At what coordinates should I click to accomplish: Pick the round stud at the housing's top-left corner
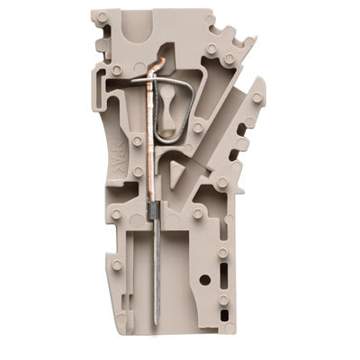tap(103, 16)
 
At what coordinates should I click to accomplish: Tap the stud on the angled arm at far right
tap(257, 96)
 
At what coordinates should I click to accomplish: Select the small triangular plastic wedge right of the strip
tap(176, 171)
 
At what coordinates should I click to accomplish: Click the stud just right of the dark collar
tap(196, 214)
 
